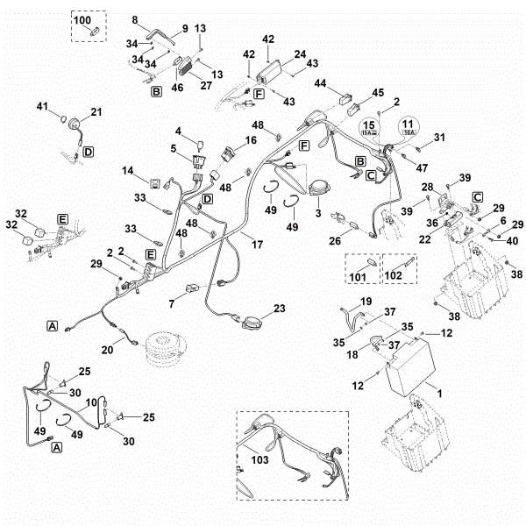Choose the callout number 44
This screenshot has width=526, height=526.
[x=320, y=83]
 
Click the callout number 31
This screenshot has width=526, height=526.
[x=440, y=137]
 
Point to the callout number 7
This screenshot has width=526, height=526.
[x=172, y=303]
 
